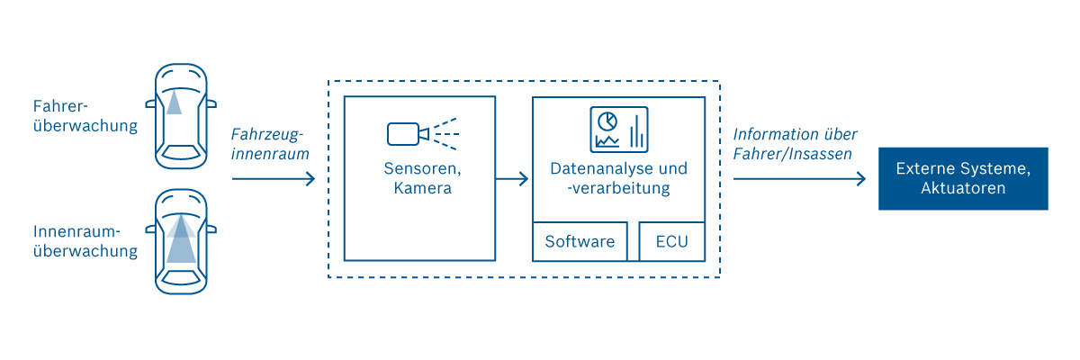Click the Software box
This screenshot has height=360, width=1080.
click(580, 241)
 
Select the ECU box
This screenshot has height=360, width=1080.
click(671, 241)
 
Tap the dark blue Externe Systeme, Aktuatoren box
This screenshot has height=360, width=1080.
click(963, 178)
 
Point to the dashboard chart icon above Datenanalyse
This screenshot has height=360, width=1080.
click(618, 130)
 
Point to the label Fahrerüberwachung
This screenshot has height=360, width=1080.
click(85, 115)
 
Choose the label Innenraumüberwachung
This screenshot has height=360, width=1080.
click(85, 240)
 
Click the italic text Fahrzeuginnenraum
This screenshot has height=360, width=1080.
click(269, 144)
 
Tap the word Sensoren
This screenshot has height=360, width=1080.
click(420, 169)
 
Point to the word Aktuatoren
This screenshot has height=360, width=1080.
click(963, 189)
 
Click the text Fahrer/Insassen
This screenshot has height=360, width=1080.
click(792, 154)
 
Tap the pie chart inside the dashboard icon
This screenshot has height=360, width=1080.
click(607, 121)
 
